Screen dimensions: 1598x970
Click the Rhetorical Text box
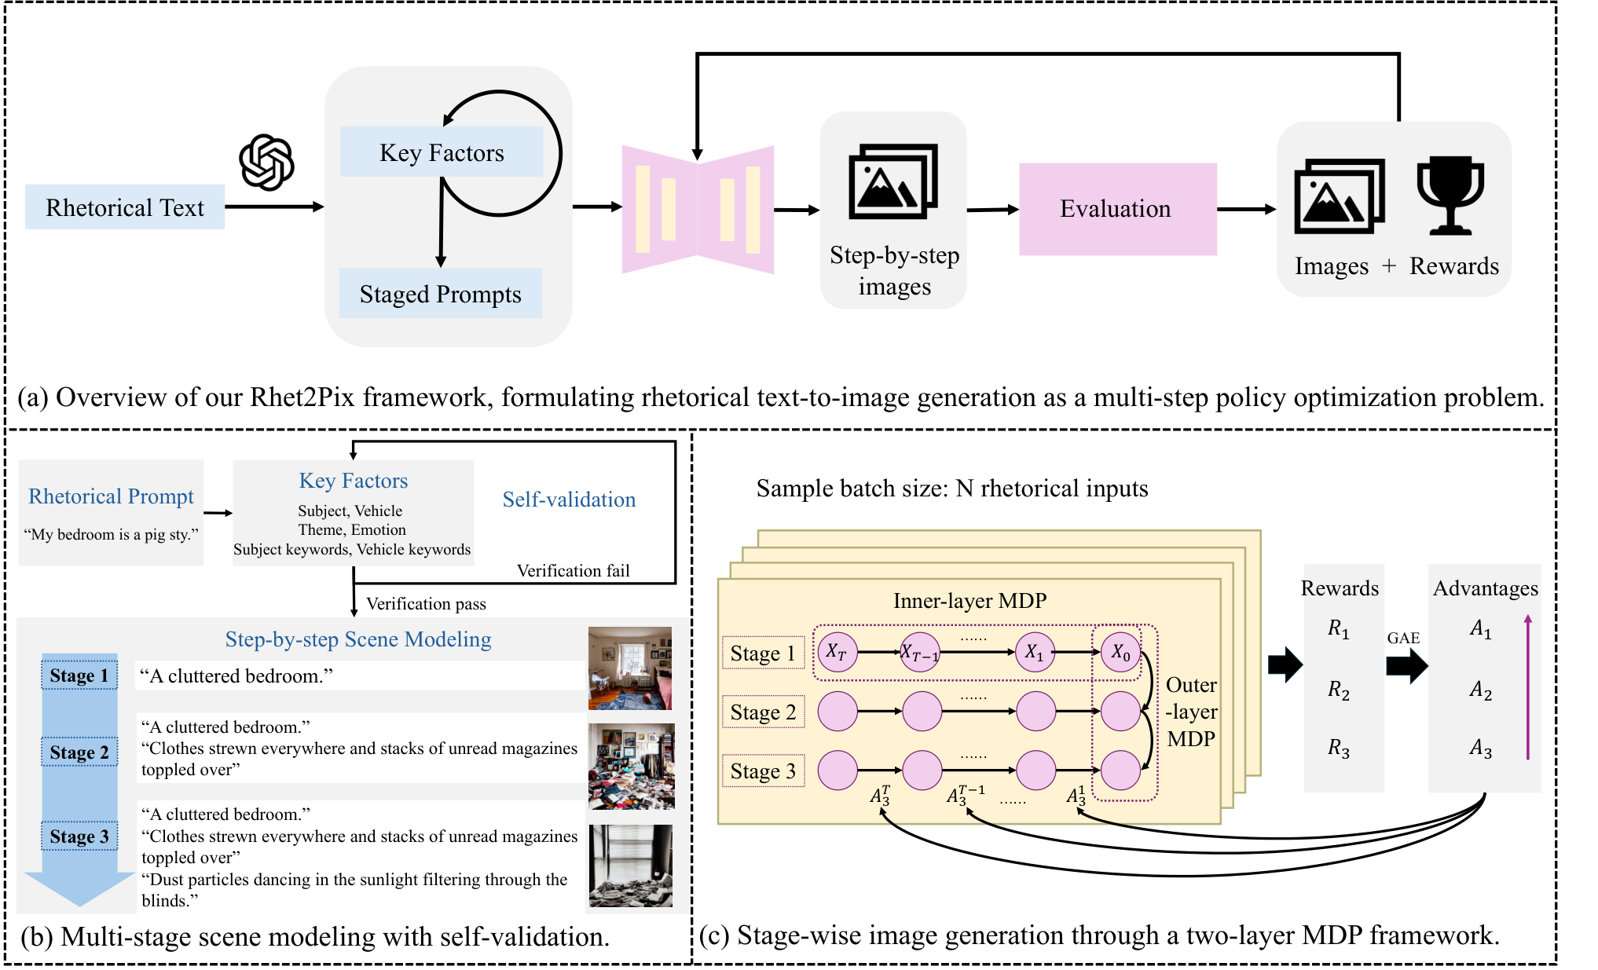125,207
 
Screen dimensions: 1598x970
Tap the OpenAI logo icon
267,163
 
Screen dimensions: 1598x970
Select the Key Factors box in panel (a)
442,152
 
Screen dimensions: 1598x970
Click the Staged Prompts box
441,294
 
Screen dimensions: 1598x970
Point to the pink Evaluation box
1118,209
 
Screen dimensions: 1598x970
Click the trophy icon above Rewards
1450,196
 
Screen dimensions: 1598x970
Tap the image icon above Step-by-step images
893,181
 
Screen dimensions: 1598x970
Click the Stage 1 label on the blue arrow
79,675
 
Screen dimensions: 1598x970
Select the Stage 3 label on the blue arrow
79,836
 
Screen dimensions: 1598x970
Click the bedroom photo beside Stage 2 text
632,767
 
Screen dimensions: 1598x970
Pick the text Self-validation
570,500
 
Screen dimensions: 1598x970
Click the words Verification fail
574,571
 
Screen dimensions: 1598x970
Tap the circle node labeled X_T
837,652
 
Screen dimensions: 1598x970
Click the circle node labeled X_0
1120,652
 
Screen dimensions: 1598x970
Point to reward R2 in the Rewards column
1339,690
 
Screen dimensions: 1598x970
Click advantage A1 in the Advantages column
1481,629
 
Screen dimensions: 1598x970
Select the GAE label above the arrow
1403,638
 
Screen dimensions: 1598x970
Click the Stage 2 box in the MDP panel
764,712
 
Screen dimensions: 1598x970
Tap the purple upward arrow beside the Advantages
1528,687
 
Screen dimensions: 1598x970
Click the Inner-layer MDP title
970,601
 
